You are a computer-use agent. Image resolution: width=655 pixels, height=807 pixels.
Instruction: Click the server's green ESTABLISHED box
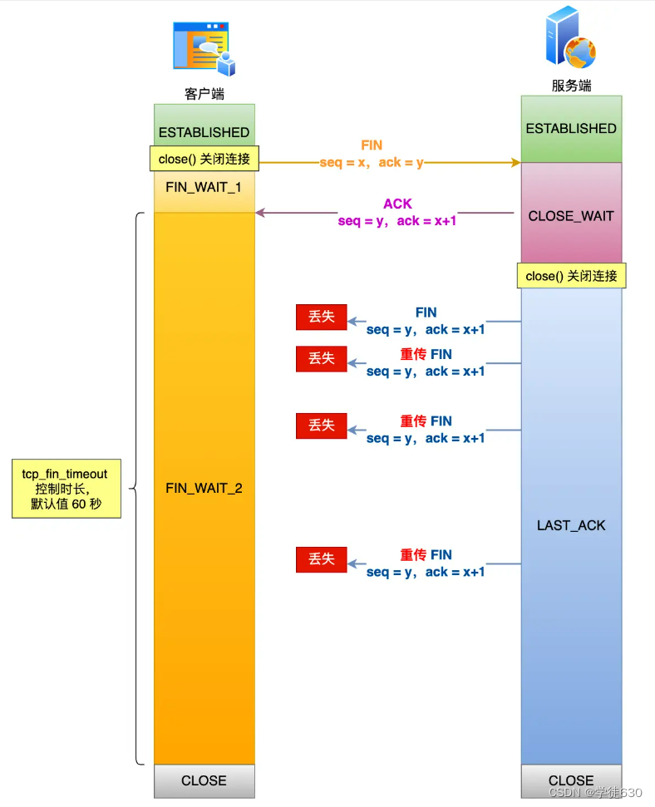pyautogui.click(x=571, y=129)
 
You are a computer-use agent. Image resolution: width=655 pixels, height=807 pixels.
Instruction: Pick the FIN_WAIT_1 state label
pyautogui.click(x=204, y=187)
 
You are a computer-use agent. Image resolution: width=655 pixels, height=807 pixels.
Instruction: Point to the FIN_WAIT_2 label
pyautogui.click(x=204, y=488)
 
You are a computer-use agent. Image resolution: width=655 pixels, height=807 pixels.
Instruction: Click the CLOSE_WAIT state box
pyautogui.click(x=571, y=215)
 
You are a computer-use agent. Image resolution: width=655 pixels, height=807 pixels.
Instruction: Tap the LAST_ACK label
pyautogui.click(x=571, y=525)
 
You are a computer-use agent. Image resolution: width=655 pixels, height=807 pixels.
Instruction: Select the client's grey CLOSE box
pyautogui.click(x=204, y=780)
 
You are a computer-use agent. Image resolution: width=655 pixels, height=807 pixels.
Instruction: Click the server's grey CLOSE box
pyautogui.click(x=571, y=780)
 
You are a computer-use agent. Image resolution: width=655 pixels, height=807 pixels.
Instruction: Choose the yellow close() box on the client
pyautogui.click(x=204, y=158)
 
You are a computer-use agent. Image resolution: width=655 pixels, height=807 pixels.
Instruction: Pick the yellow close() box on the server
pyautogui.click(x=571, y=275)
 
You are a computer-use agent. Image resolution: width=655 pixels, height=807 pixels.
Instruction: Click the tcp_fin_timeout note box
pyautogui.click(x=66, y=489)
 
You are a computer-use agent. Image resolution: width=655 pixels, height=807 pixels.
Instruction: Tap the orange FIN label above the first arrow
pyautogui.click(x=372, y=145)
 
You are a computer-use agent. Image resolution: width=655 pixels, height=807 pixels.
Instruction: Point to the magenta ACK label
pyautogui.click(x=397, y=204)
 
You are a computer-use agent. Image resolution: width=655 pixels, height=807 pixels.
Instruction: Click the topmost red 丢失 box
pyautogui.click(x=322, y=317)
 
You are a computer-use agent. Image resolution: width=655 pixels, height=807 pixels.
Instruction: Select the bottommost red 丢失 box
pyautogui.click(x=322, y=559)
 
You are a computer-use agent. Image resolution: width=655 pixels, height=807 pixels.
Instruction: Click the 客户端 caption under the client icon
pyautogui.click(x=204, y=94)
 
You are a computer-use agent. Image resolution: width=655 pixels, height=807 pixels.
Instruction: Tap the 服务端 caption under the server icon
pyautogui.click(x=571, y=86)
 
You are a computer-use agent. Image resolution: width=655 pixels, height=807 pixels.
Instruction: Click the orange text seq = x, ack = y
pyautogui.click(x=372, y=163)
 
